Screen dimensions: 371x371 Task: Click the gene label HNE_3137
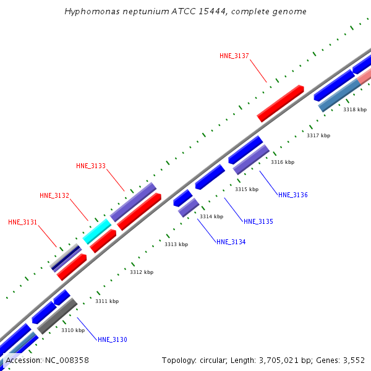click(x=234, y=56)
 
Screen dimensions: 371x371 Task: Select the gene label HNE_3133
click(x=91, y=166)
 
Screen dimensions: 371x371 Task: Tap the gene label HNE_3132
click(x=54, y=195)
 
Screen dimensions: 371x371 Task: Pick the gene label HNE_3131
click(x=23, y=222)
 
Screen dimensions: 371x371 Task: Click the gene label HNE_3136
click(x=293, y=195)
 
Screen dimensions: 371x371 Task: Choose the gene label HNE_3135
click(x=258, y=221)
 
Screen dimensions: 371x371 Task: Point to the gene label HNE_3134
click(x=231, y=242)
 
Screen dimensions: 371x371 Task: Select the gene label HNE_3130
click(x=113, y=339)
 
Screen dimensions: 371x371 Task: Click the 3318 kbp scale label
click(x=355, y=109)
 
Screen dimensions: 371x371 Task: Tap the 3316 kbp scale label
click(x=283, y=162)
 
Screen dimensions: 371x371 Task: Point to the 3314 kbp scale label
click(x=211, y=216)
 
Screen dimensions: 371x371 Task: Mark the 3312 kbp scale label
click(x=142, y=272)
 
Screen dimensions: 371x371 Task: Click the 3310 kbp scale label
click(x=73, y=330)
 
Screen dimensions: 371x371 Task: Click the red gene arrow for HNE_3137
click(x=280, y=103)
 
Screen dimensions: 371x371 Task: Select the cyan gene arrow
click(x=97, y=231)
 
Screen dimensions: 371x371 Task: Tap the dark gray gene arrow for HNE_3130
click(x=57, y=316)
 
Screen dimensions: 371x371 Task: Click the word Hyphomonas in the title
click(x=90, y=12)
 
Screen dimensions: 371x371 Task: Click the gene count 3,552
click(x=353, y=360)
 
